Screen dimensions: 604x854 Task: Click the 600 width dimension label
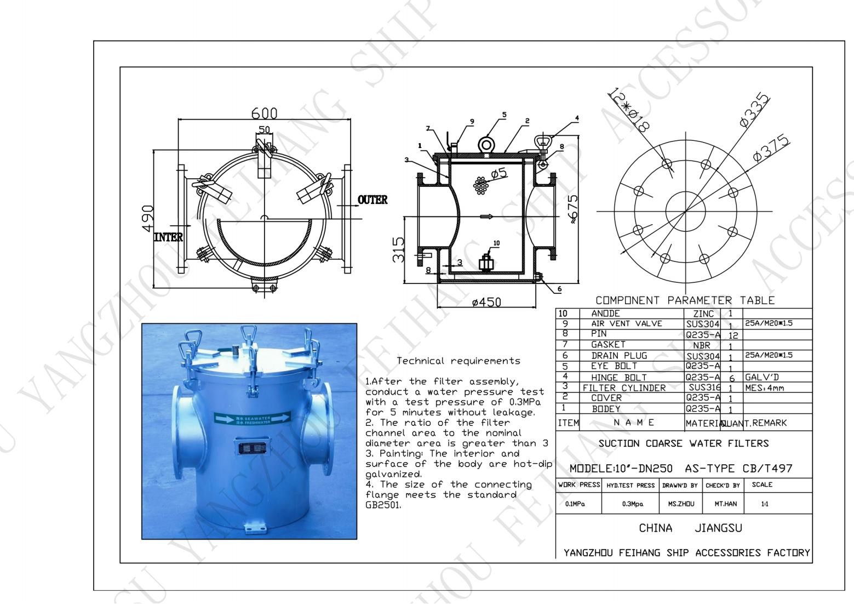click(264, 113)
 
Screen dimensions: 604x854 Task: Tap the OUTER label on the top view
click(372, 200)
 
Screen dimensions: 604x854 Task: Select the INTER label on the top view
click(168, 237)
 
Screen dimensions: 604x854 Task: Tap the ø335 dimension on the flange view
click(754, 112)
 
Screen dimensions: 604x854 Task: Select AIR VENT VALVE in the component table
click(627, 324)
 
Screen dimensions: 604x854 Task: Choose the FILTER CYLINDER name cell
click(624, 388)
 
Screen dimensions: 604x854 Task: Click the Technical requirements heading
click(458, 361)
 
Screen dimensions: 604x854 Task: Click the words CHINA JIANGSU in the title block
click(690, 528)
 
